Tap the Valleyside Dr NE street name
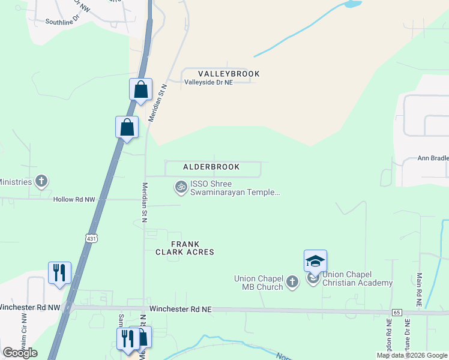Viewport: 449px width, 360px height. click(x=208, y=83)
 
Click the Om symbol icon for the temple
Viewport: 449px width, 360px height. click(x=180, y=187)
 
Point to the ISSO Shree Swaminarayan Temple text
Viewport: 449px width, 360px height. click(x=235, y=188)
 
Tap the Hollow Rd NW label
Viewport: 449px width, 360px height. click(x=74, y=199)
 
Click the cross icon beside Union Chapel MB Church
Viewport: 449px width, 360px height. click(x=292, y=281)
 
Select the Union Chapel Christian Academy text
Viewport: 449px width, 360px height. click(x=358, y=283)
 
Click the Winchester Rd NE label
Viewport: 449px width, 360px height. click(x=181, y=309)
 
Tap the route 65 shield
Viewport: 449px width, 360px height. click(x=397, y=313)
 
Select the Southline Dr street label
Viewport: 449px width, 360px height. click(x=62, y=22)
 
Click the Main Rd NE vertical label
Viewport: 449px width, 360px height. click(x=419, y=290)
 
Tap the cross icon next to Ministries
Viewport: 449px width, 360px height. click(x=41, y=181)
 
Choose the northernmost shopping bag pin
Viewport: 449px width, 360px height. click(x=140, y=90)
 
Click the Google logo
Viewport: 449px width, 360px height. click(x=20, y=352)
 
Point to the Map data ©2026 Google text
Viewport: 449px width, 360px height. click(x=412, y=355)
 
